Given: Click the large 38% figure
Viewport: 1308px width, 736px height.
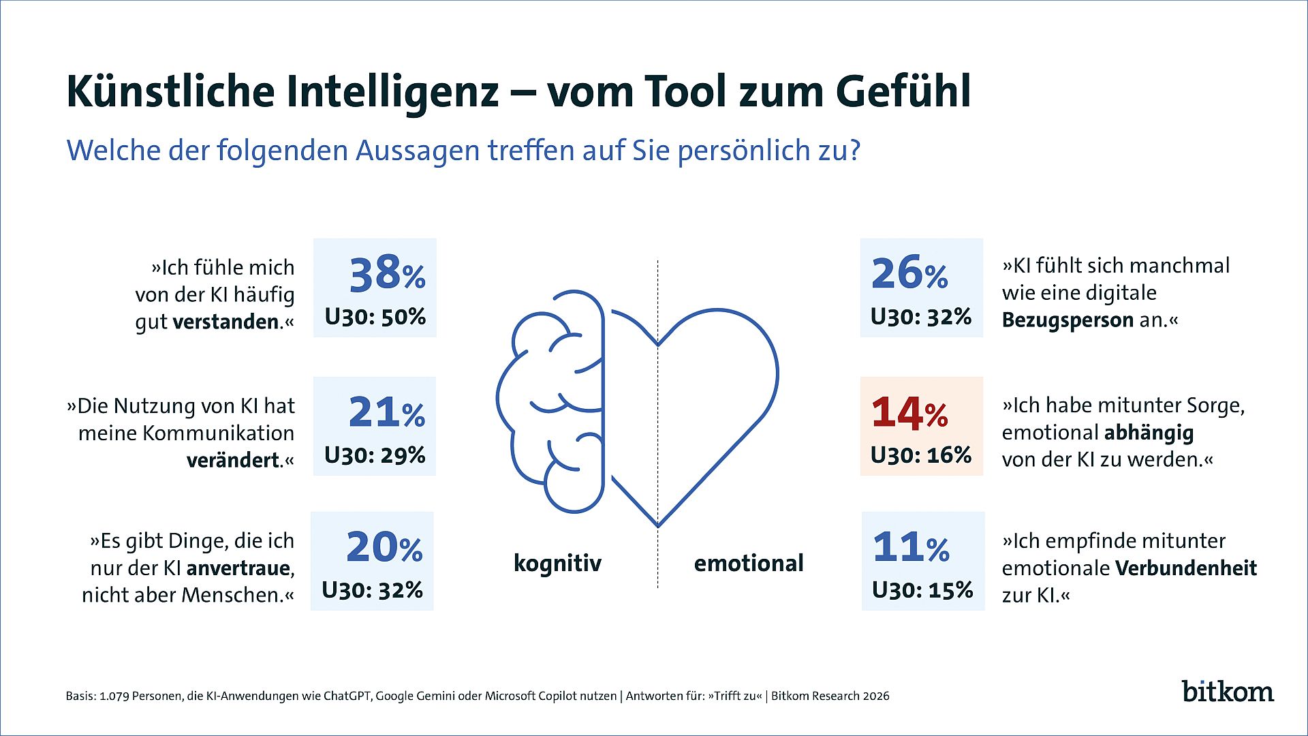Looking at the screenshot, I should [x=387, y=273].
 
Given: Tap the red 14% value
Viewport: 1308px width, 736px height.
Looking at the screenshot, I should [x=909, y=413].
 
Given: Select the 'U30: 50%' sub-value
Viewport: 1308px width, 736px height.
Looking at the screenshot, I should [x=375, y=317].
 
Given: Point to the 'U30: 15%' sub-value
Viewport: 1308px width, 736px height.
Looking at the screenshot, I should [x=922, y=590].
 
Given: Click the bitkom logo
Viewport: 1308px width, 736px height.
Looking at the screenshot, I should [x=1228, y=691].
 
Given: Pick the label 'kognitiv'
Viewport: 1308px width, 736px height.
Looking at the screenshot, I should [x=557, y=564].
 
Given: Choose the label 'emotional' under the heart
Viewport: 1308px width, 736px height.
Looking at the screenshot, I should [x=749, y=564].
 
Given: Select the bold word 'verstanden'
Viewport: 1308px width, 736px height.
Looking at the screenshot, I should [x=226, y=322].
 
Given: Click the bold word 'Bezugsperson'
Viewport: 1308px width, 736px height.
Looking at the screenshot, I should [x=1068, y=320].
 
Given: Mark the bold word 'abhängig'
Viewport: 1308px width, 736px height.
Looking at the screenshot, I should [x=1149, y=433].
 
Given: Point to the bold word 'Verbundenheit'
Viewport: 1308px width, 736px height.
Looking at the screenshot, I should [x=1185, y=568].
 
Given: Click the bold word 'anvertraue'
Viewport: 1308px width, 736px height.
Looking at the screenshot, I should [x=238, y=568].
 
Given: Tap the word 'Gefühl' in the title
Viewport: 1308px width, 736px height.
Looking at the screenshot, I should [x=903, y=91].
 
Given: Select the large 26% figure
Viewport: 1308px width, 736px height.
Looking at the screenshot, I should [x=909, y=273].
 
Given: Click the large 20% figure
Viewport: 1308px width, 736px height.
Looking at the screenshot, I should [x=384, y=547].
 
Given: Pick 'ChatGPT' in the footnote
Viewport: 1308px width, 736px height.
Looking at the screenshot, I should [x=347, y=696].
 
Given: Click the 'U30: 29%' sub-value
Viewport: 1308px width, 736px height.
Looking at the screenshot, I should [x=375, y=455].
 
